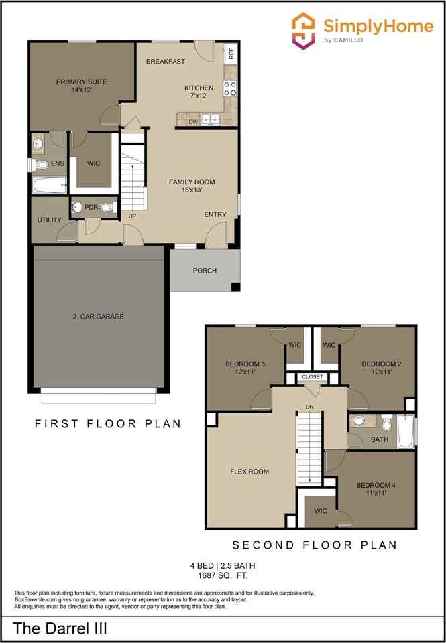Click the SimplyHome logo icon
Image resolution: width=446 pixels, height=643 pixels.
tap(303, 30)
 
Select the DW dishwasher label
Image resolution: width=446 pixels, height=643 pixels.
tap(192, 122)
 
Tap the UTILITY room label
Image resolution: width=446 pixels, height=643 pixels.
tap(49, 220)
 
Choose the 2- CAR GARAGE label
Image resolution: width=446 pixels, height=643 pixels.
tap(98, 317)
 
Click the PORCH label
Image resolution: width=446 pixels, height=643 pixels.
tap(205, 271)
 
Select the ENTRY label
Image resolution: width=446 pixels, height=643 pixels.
tap(215, 214)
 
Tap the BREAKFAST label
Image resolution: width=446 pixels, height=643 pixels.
tap(166, 62)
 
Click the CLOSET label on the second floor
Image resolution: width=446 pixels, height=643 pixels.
tap(313, 377)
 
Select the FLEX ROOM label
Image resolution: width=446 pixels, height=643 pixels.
tap(249, 472)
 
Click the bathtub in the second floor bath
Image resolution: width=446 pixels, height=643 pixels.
tap(405, 433)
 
